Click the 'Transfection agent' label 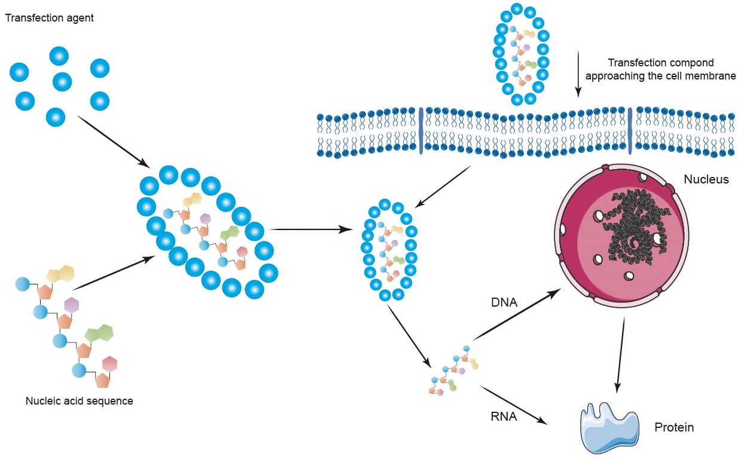[x=50, y=18]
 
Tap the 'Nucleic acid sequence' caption [x=79, y=401]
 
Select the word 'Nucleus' [x=706, y=179]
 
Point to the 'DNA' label [x=505, y=304]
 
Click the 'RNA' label [x=505, y=417]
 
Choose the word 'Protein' [x=674, y=427]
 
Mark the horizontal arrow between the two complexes [x=311, y=229]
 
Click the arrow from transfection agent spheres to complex [x=114, y=142]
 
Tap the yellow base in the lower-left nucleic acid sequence [x=60, y=274]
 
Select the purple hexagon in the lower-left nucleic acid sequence [x=72, y=305]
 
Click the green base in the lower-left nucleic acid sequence [x=99, y=333]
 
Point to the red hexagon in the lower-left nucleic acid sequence [x=109, y=363]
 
